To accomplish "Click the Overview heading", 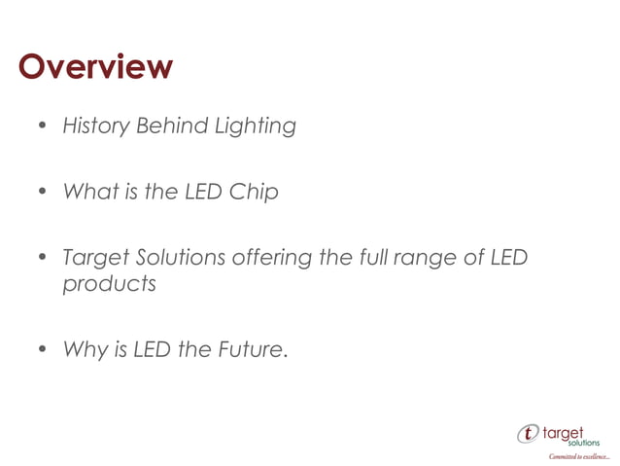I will pyautogui.click(x=95, y=67).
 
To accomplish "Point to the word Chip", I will pyautogui.click(x=254, y=193).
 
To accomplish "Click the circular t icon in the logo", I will pyautogui.click(x=529, y=433).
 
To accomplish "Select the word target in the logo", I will pyautogui.click(x=572, y=429).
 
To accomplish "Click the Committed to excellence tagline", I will pyautogui.click(x=578, y=455).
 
